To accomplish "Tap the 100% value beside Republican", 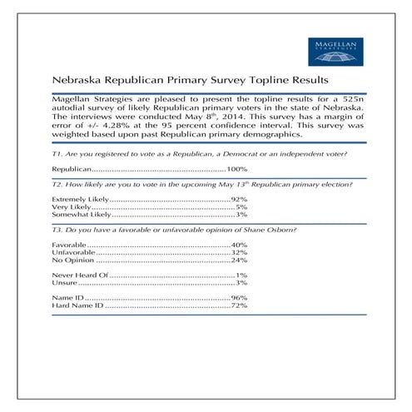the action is click(x=237, y=168).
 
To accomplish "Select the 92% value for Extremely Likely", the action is click(x=240, y=201).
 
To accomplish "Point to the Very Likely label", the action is click(x=69, y=207).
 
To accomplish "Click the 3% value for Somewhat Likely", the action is click(x=242, y=215).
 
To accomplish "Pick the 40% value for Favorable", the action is click(x=240, y=246).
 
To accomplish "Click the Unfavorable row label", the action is click(x=73, y=252).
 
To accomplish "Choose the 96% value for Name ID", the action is click(x=240, y=297).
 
